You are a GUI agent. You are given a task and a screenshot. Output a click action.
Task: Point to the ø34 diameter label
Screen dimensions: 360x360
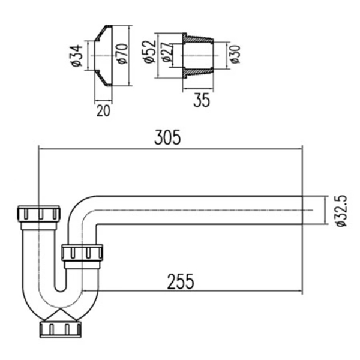76,55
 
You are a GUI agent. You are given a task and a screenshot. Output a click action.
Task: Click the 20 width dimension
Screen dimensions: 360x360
103,111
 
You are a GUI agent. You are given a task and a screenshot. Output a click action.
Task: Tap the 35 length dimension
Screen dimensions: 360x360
202,100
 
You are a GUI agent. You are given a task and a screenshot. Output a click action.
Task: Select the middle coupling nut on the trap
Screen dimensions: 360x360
82,251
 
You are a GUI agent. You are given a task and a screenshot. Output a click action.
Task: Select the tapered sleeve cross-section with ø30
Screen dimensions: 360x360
198,55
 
